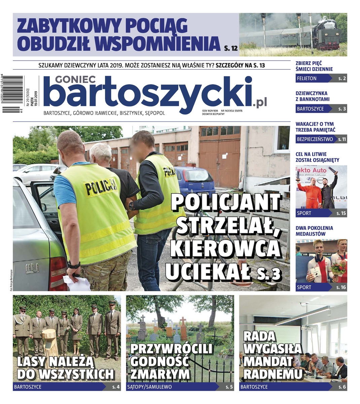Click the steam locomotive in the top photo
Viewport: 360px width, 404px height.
[x=324, y=34]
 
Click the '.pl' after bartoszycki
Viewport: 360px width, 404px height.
[x=259, y=102]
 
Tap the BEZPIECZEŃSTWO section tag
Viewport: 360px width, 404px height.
[x=315, y=139]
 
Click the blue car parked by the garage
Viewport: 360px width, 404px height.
[x=195, y=180]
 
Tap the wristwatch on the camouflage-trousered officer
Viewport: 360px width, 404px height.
[x=74, y=265]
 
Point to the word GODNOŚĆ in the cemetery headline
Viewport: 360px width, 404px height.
[x=159, y=361]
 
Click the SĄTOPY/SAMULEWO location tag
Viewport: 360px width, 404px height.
[x=149, y=387]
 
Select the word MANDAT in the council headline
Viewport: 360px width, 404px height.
[x=268, y=361]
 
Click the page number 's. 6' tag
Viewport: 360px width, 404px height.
[x=342, y=387]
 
